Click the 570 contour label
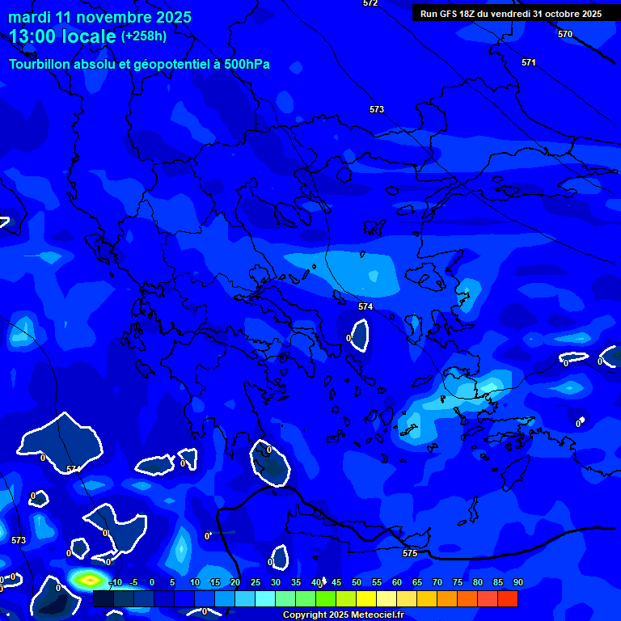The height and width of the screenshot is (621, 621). [x=565, y=34]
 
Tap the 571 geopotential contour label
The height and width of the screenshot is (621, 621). [x=529, y=62]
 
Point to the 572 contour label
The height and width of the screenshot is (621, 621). [x=370, y=3]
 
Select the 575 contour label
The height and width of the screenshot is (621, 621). [x=410, y=553]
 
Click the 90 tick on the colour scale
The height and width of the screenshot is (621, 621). [x=518, y=582]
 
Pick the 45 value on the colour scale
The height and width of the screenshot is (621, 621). [x=336, y=582]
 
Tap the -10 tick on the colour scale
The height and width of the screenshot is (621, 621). [x=116, y=582]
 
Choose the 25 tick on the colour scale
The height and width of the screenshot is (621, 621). [x=256, y=582]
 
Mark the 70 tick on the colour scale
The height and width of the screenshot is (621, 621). [x=437, y=582]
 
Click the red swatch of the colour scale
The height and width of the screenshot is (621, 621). [x=508, y=598]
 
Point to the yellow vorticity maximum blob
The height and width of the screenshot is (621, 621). [x=90, y=579]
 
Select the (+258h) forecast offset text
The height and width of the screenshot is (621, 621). [x=144, y=36]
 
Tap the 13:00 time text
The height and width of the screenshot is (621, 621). [x=35, y=36]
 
